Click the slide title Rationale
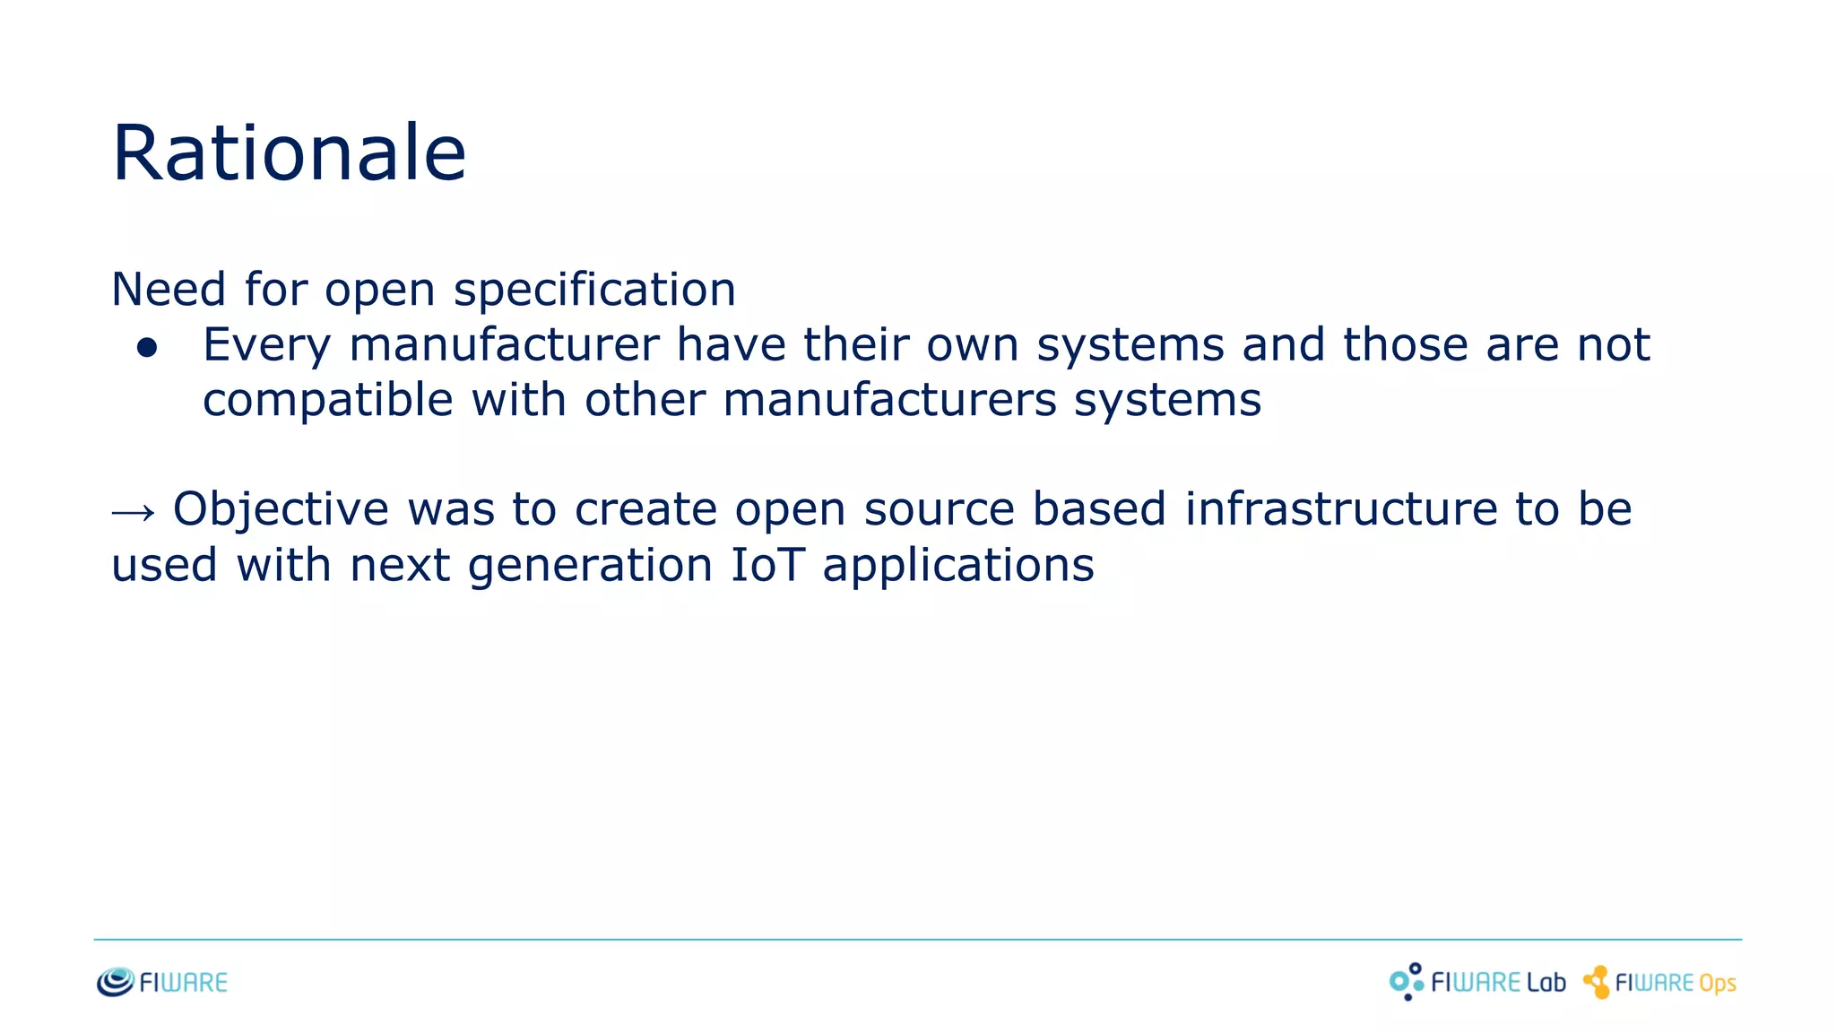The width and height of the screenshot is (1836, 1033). pyautogui.click(x=289, y=153)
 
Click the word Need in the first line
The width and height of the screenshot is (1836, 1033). pyautogui.click(x=169, y=290)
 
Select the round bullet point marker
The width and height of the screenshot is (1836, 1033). pyautogui.click(x=147, y=347)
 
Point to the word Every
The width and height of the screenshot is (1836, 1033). pyautogui.click(x=266, y=346)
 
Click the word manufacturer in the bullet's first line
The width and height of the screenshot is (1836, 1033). pyautogui.click(x=504, y=345)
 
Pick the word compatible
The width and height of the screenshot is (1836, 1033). pyautogui.click(x=327, y=400)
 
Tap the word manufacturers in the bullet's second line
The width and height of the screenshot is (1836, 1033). pyautogui.click(x=889, y=400)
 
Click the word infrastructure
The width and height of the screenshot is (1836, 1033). pyautogui.click(x=1341, y=509)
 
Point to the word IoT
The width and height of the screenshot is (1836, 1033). pyautogui.click(x=767, y=565)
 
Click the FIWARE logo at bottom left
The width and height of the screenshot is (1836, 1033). pyautogui.click(x=162, y=983)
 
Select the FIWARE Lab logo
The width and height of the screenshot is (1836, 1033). pyautogui.click(x=1477, y=983)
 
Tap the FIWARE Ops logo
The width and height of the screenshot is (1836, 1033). pyautogui.click(x=1659, y=983)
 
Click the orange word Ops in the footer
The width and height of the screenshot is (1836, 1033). pyautogui.click(x=1717, y=985)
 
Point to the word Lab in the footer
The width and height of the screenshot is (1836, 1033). pyautogui.click(x=1546, y=983)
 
